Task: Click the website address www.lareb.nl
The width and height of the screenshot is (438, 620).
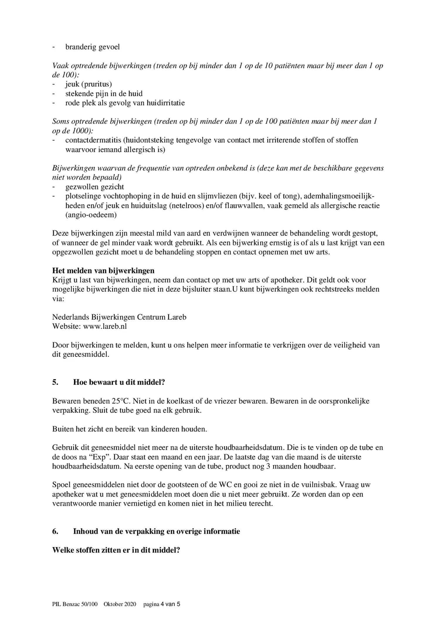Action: [x=105, y=326]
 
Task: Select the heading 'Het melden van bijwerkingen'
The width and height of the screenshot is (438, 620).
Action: [x=103, y=270]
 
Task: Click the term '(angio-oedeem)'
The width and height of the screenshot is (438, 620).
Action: [x=91, y=215]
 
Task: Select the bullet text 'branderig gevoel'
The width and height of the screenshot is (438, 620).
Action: [x=92, y=47]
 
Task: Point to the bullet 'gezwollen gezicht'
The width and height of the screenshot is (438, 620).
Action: [x=94, y=187]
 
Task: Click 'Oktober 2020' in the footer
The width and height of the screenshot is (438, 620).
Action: [x=120, y=604]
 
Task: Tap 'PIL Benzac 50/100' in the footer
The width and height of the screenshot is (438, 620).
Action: [x=75, y=604]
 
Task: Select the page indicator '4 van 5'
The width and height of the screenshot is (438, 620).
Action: [x=171, y=604]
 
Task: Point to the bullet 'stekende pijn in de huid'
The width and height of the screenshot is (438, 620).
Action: [x=104, y=94]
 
